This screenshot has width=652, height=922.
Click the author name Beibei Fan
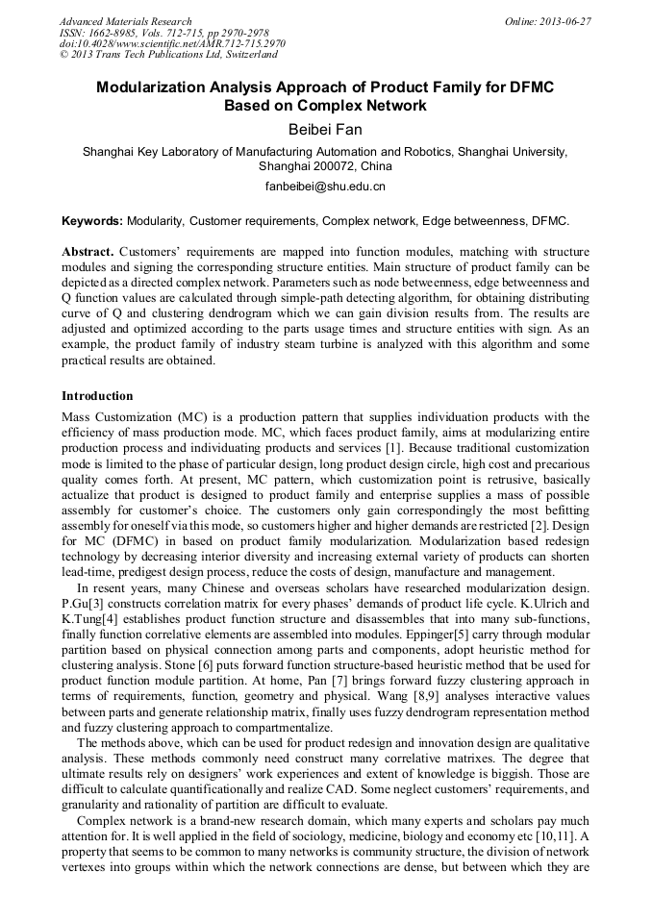tap(325, 129)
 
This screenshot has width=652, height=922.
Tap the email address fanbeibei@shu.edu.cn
tap(325, 187)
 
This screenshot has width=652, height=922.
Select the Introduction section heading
tap(97, 395)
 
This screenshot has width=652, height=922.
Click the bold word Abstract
tap(88, 250)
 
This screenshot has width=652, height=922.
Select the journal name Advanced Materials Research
tap(125, 21)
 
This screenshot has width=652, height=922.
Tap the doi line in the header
tap(172, 44)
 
